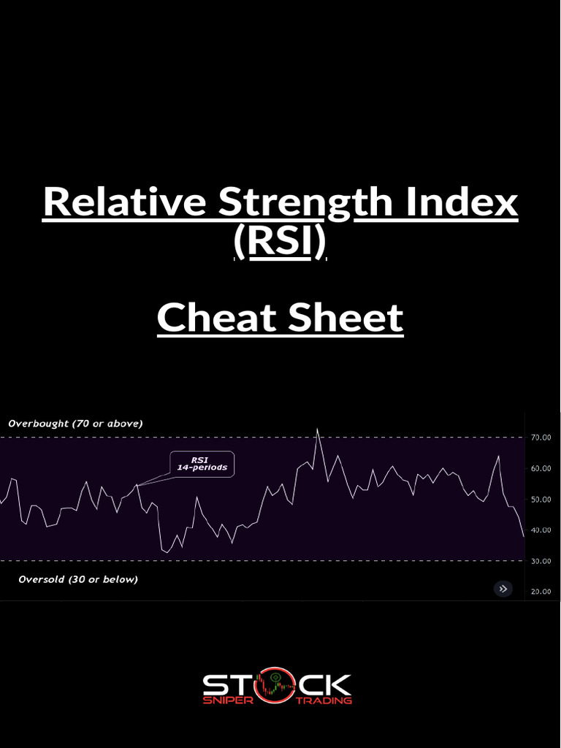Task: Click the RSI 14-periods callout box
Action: point(202,464)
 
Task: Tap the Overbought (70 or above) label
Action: point(75,423)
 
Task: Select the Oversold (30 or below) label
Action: point(77,579)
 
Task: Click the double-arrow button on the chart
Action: point(503,588)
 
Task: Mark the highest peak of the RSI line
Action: point(317,430)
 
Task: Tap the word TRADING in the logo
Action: point(325,700)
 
